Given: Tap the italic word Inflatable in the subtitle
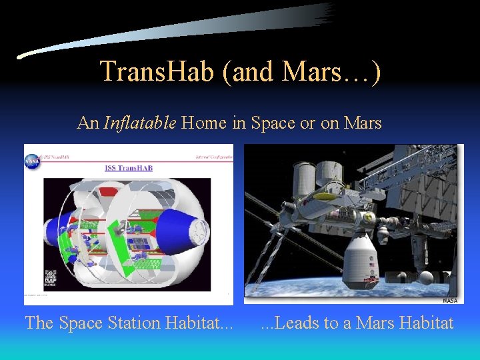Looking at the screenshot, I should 140,123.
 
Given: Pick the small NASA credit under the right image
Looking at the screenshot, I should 449,301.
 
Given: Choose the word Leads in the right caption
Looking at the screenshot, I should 297,323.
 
